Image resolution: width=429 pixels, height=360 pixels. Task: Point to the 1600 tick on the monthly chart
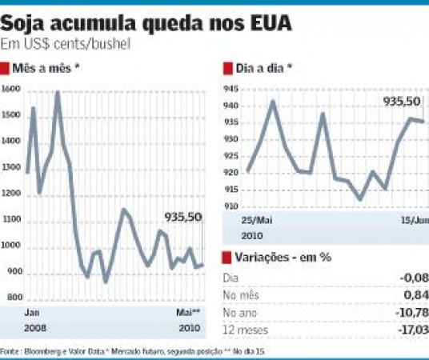point(11,90)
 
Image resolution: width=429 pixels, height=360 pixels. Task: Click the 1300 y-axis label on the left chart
point(11,168)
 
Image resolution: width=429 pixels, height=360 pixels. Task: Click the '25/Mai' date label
point(256,219)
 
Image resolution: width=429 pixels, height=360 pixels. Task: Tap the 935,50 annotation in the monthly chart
point(183,217)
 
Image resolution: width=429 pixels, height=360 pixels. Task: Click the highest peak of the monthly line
point(58,93)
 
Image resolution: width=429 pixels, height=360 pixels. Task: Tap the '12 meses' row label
point(245,329)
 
